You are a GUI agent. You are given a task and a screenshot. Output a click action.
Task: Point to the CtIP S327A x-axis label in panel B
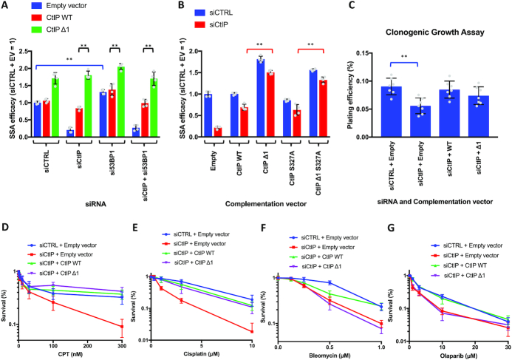point(281,160)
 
